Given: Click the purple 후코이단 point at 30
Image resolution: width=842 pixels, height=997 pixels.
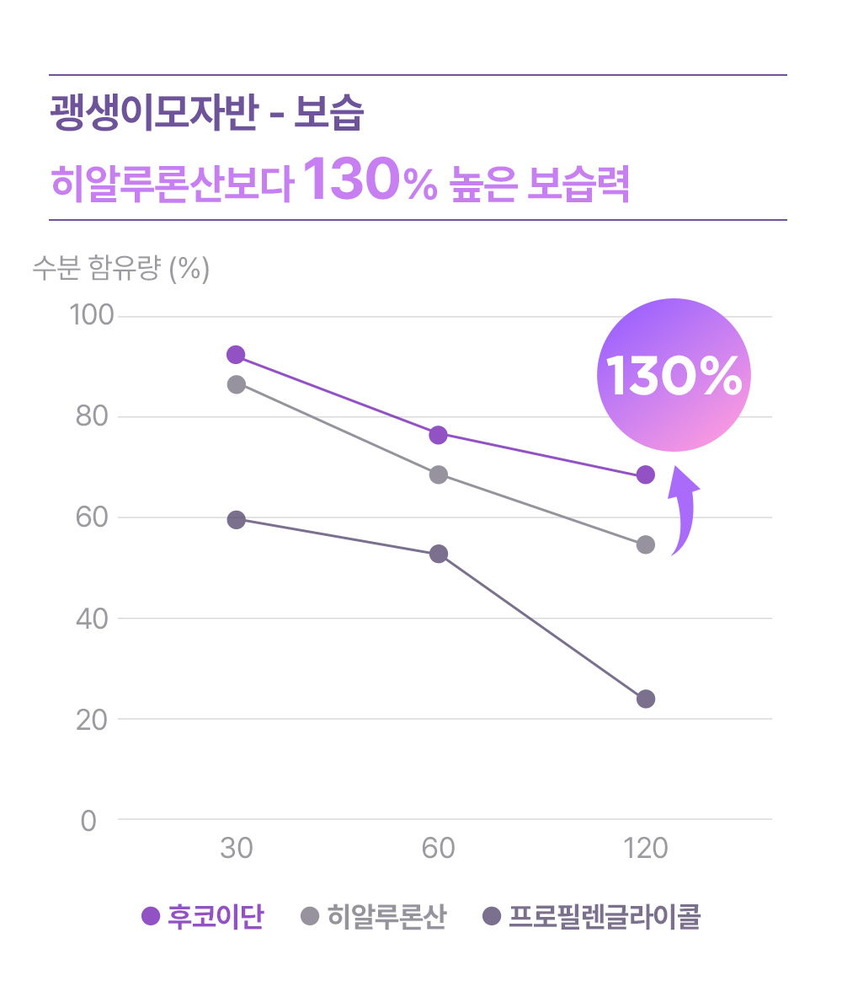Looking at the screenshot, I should (236, 355).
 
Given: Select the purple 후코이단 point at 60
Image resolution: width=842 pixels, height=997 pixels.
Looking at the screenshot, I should (438, 435).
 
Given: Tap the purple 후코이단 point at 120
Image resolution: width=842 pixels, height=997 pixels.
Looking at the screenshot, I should (646, 474).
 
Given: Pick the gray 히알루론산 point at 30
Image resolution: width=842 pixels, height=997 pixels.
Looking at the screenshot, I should (237, 384).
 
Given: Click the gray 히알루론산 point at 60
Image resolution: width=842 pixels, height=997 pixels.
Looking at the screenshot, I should (438, 474).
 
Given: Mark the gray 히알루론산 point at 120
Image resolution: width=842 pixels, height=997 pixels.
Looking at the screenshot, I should (646, 544).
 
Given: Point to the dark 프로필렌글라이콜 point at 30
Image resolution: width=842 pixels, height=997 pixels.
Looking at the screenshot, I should (237, 519).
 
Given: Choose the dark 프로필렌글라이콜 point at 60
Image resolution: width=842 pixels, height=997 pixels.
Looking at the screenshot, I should (438, 554).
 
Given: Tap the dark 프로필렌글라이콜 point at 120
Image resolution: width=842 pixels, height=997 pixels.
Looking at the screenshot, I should (646, 699).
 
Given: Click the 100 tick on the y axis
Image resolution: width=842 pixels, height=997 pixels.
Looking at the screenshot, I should (91, 316).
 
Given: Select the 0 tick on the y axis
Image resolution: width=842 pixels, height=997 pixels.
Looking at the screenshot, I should (88, 820).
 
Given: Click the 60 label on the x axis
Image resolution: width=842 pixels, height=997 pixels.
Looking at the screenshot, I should (438, 848).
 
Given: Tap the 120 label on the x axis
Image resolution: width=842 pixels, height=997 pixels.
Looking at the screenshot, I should (646, 848).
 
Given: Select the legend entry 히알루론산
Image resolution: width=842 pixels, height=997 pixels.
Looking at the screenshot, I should (374, 916).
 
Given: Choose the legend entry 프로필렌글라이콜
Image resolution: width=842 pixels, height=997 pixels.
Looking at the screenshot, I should (593, 916).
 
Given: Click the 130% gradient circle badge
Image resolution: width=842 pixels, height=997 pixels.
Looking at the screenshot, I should (673, 375).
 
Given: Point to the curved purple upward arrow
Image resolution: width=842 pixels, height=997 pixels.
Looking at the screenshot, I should (683, 511).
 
